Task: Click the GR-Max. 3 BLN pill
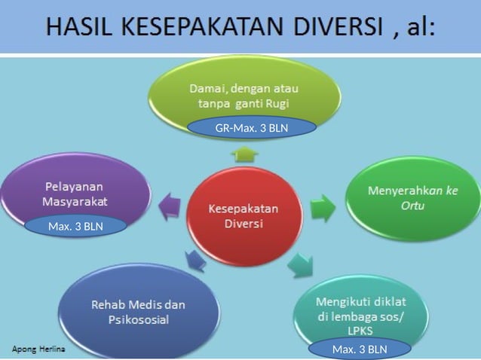click(x=252, y=128)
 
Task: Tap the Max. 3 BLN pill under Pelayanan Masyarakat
click(x=75, y=226)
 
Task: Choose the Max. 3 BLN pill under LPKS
click(x=360, y=349)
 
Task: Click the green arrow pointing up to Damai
click(x=244, y=154)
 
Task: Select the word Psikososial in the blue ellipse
click(x=138, y=319)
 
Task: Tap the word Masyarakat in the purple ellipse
click(x=75, y=201)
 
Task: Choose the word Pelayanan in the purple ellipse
click(x=74, y=186)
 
